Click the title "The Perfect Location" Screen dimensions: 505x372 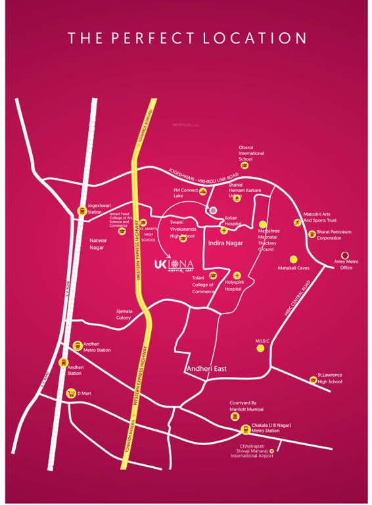(x=187, y=38)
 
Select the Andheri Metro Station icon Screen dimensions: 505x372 (x=79, y=346)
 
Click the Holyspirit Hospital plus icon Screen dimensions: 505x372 (x=237, y=275)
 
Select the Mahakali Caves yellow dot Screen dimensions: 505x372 (x=294, y=258)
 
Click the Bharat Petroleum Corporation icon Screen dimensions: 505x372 (x=312, y=234)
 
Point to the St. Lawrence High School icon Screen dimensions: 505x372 (x=313, y=379)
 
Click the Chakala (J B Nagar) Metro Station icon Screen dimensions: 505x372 (x=246, y=430)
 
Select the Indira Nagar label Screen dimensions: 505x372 (x=225, y=243)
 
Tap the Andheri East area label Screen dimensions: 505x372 (x=206, y=369)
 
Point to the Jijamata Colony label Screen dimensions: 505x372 (x=124, y=315)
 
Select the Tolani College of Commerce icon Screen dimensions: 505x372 (x=213, y=275)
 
